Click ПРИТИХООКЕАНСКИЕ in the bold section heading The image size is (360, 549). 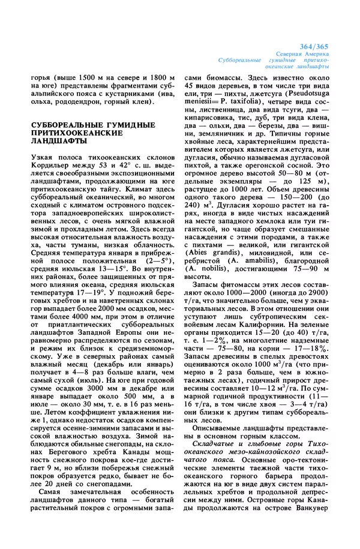(x=70, y=133)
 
